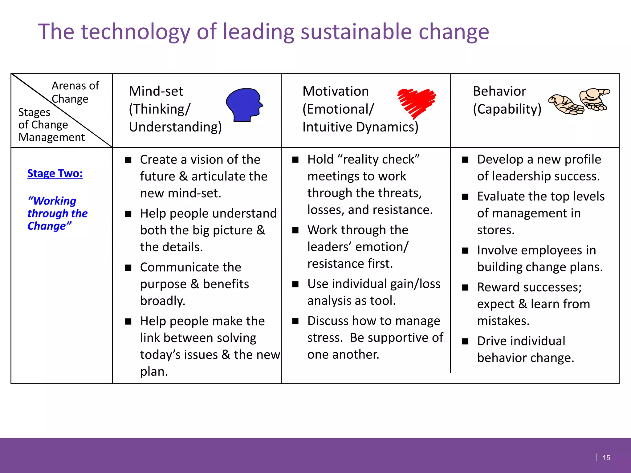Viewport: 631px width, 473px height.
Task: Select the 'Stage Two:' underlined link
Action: (55, 173)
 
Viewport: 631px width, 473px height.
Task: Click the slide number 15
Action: (606, 458)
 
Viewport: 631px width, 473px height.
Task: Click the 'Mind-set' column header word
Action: (156, 91)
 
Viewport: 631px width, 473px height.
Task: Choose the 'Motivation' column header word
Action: (336, 91)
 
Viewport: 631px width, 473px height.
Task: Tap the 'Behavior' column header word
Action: (499, 91)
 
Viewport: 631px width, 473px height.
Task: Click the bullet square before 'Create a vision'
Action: (128, 160)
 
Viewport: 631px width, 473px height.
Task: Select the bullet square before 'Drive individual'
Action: (465, 341)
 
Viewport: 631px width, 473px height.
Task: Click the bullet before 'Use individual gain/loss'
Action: (295, 284)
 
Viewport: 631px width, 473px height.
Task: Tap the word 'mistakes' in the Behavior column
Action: (503, 321)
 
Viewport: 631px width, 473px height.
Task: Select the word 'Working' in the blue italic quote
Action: (54, 201)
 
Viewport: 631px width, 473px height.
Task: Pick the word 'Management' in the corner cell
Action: (51, 137)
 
